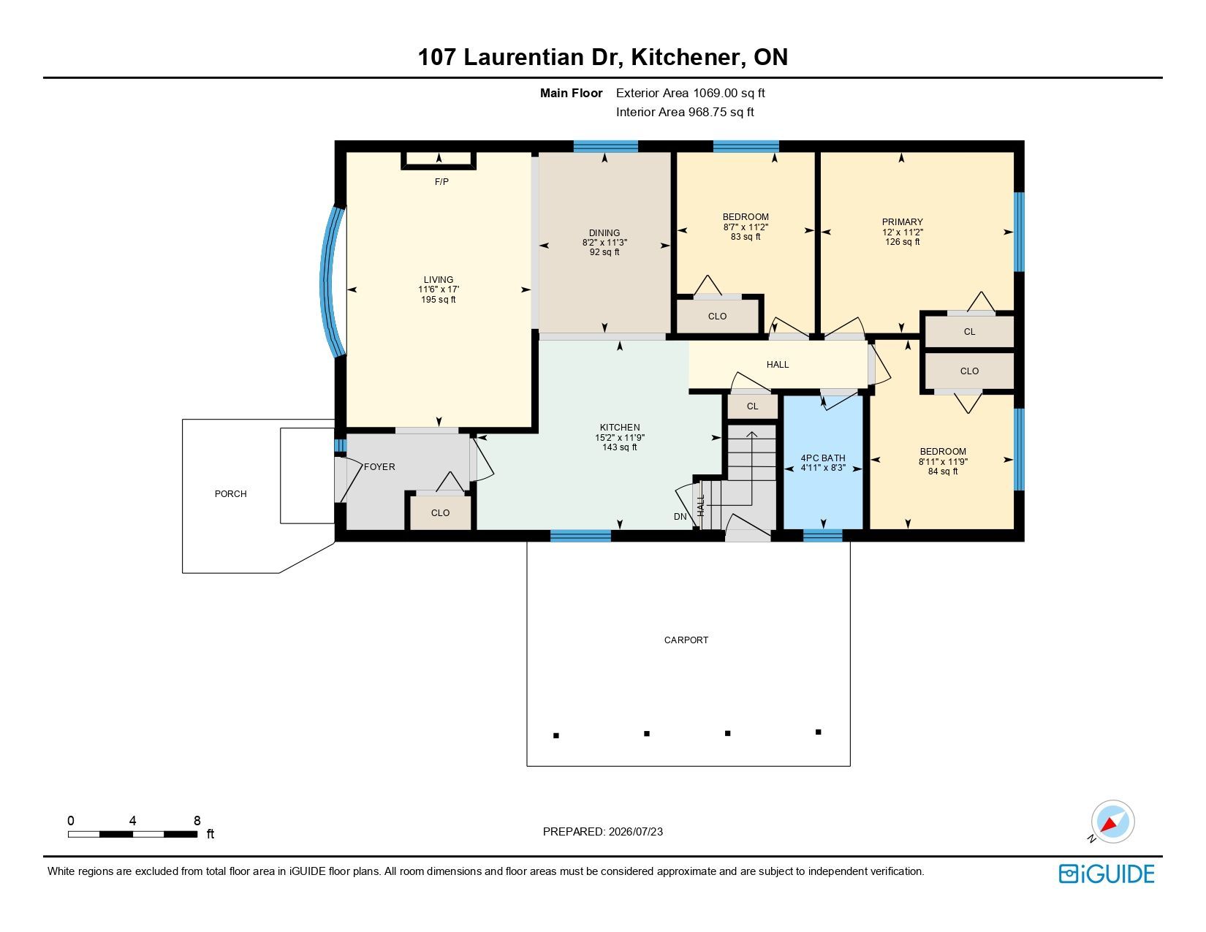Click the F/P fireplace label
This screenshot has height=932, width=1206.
441,181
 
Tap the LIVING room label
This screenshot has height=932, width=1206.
439,280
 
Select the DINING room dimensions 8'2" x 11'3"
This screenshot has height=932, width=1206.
604,243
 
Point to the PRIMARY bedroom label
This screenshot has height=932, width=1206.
903,222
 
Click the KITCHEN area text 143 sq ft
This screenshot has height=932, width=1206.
620,447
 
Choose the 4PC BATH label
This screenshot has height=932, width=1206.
823,458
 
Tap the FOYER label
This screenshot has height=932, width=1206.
379,467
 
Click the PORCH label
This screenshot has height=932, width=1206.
231,494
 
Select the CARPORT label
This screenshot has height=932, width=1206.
686,640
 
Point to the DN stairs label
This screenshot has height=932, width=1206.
680,517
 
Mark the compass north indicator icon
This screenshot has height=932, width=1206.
1112,822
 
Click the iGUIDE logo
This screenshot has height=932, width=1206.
1107,874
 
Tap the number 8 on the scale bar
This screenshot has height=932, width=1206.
197,820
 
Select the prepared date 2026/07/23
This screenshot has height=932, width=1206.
635,832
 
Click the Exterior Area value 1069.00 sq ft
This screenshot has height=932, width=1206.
729,94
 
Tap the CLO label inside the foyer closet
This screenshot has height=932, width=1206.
440,513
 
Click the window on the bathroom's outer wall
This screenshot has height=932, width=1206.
822,536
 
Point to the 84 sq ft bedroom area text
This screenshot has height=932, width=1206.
943,471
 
